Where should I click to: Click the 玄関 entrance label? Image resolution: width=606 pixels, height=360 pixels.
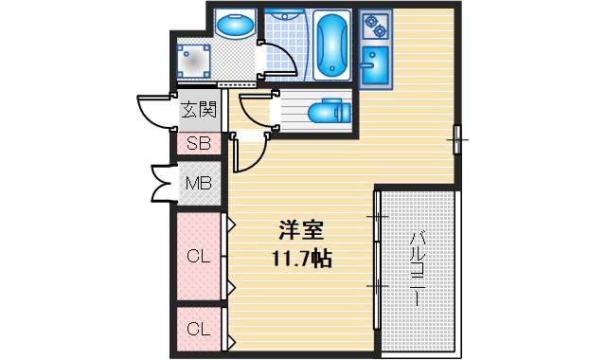click(199, 110)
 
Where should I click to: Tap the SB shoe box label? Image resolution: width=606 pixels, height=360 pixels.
click(198, 144)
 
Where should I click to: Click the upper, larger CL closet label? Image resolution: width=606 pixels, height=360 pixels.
click(198, 255)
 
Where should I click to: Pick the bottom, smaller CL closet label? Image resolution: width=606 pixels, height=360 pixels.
click(198, 330)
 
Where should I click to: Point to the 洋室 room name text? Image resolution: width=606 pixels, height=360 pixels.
click(301, 231)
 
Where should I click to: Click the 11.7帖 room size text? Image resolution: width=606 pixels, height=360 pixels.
click(301, 258)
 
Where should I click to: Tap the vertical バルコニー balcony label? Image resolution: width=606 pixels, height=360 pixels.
click(416, 271)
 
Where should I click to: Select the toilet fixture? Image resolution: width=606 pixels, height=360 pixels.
click(330, 112)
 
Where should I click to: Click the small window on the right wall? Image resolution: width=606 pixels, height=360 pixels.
click(457, 139)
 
